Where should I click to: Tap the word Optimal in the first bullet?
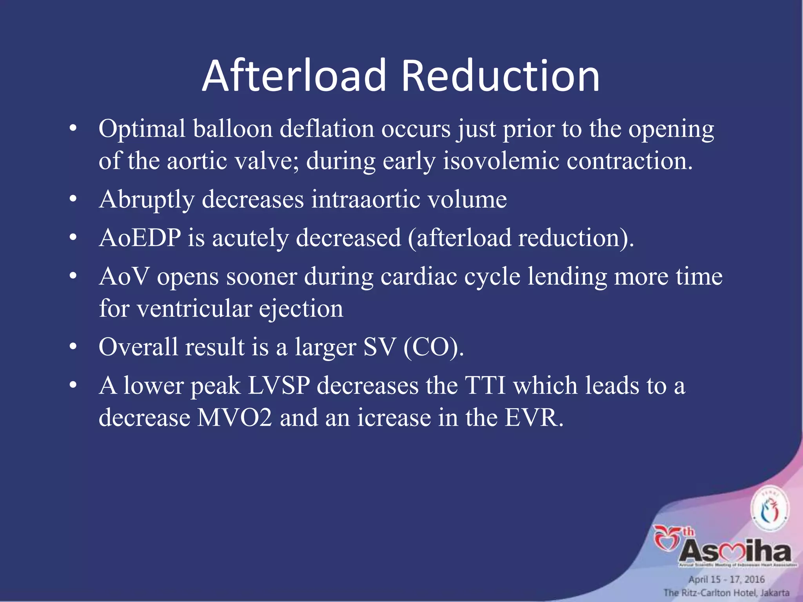point(142,129)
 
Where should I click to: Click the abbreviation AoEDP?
point(140,238)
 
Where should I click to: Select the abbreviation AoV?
point(124,276)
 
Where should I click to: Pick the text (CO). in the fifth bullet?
point(434,347)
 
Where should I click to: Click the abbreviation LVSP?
point(279,386)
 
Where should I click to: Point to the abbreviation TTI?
point(485,386)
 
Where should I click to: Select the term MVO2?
point(234,418)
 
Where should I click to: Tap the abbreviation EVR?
point(533,418)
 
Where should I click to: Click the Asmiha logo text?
point(735,552)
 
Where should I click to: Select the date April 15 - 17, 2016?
point(727,579)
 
